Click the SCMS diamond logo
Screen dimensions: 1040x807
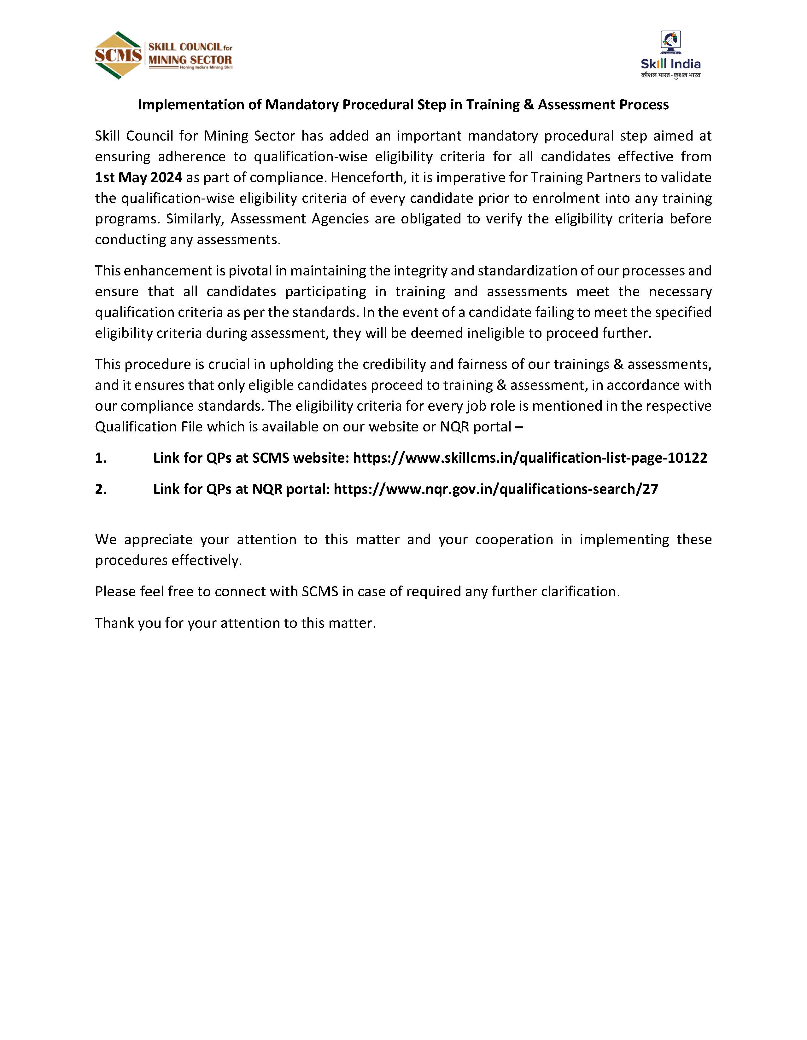point(118,55)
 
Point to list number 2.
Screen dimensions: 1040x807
point(101,489)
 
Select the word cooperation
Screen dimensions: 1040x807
point(514,540)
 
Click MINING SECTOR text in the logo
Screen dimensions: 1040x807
point(190,60)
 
